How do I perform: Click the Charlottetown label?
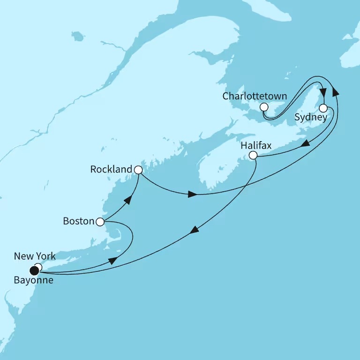[255, 96]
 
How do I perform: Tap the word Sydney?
[310, 117]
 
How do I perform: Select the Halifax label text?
[255, 146]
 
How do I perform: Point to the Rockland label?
[112, 169]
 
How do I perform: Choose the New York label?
[35, 256]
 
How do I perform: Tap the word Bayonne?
[34, 282]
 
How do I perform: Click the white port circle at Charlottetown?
[264, 107]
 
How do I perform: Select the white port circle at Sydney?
[323, 108]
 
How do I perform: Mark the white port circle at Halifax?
[253, 155]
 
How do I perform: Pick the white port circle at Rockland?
[138, 170]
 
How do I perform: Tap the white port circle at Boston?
[100, 222]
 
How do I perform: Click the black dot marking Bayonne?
[34, 270]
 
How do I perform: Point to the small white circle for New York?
[38, 267]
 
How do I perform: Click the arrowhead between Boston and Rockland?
[127, 200]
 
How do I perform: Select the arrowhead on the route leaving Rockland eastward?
[192, 194]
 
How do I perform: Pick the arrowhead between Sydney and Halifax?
[305, 144]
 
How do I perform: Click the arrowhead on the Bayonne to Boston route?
[112, 261]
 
